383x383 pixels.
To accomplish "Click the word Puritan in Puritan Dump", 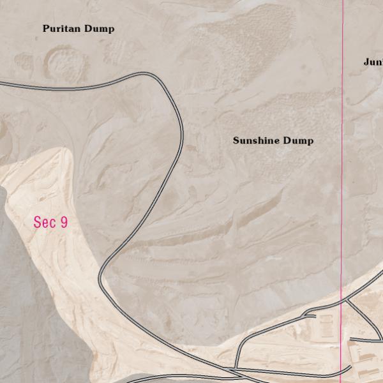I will [63, 29].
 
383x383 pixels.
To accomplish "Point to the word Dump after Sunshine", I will [298, 140].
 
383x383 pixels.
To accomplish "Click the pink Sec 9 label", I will [50, 222].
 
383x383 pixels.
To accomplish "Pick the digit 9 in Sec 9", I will [63, 222].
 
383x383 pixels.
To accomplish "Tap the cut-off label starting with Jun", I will [373, 62].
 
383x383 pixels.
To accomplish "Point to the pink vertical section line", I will [342, 160].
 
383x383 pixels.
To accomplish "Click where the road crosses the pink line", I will [342, 299].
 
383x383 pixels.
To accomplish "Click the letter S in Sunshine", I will [236, 140].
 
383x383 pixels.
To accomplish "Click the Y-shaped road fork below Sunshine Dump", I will [307, 315].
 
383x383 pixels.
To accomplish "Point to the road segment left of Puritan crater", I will [19, 84].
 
